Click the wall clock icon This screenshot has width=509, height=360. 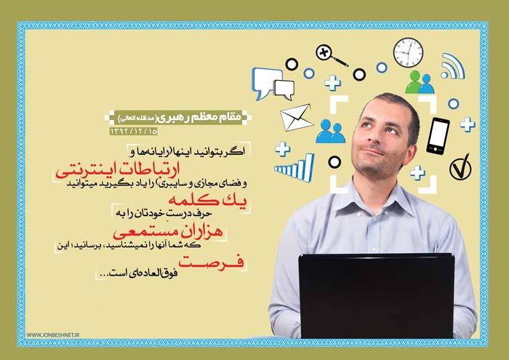point(408,52)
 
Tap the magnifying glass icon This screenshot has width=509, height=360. point(331,55)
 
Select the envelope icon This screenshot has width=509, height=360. point(296,118)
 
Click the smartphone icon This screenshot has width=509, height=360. point(438,136)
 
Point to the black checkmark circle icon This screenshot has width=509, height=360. point(460,167)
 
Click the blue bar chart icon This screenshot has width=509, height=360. point(294,168)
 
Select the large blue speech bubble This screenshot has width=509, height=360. point(266,82)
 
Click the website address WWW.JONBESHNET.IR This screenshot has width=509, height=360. point(53,335)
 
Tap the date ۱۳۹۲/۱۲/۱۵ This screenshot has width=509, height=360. point(134,131)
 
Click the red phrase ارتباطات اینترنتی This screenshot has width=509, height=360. point(118,170)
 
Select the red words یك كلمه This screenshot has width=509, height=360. point(207,200)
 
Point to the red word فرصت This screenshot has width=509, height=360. point(211,262)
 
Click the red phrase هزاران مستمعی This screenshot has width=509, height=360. point(168,232)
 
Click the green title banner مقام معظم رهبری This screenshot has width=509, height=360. point(178,118)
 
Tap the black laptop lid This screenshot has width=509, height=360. point(376,296)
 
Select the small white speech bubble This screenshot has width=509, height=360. point(285,89)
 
